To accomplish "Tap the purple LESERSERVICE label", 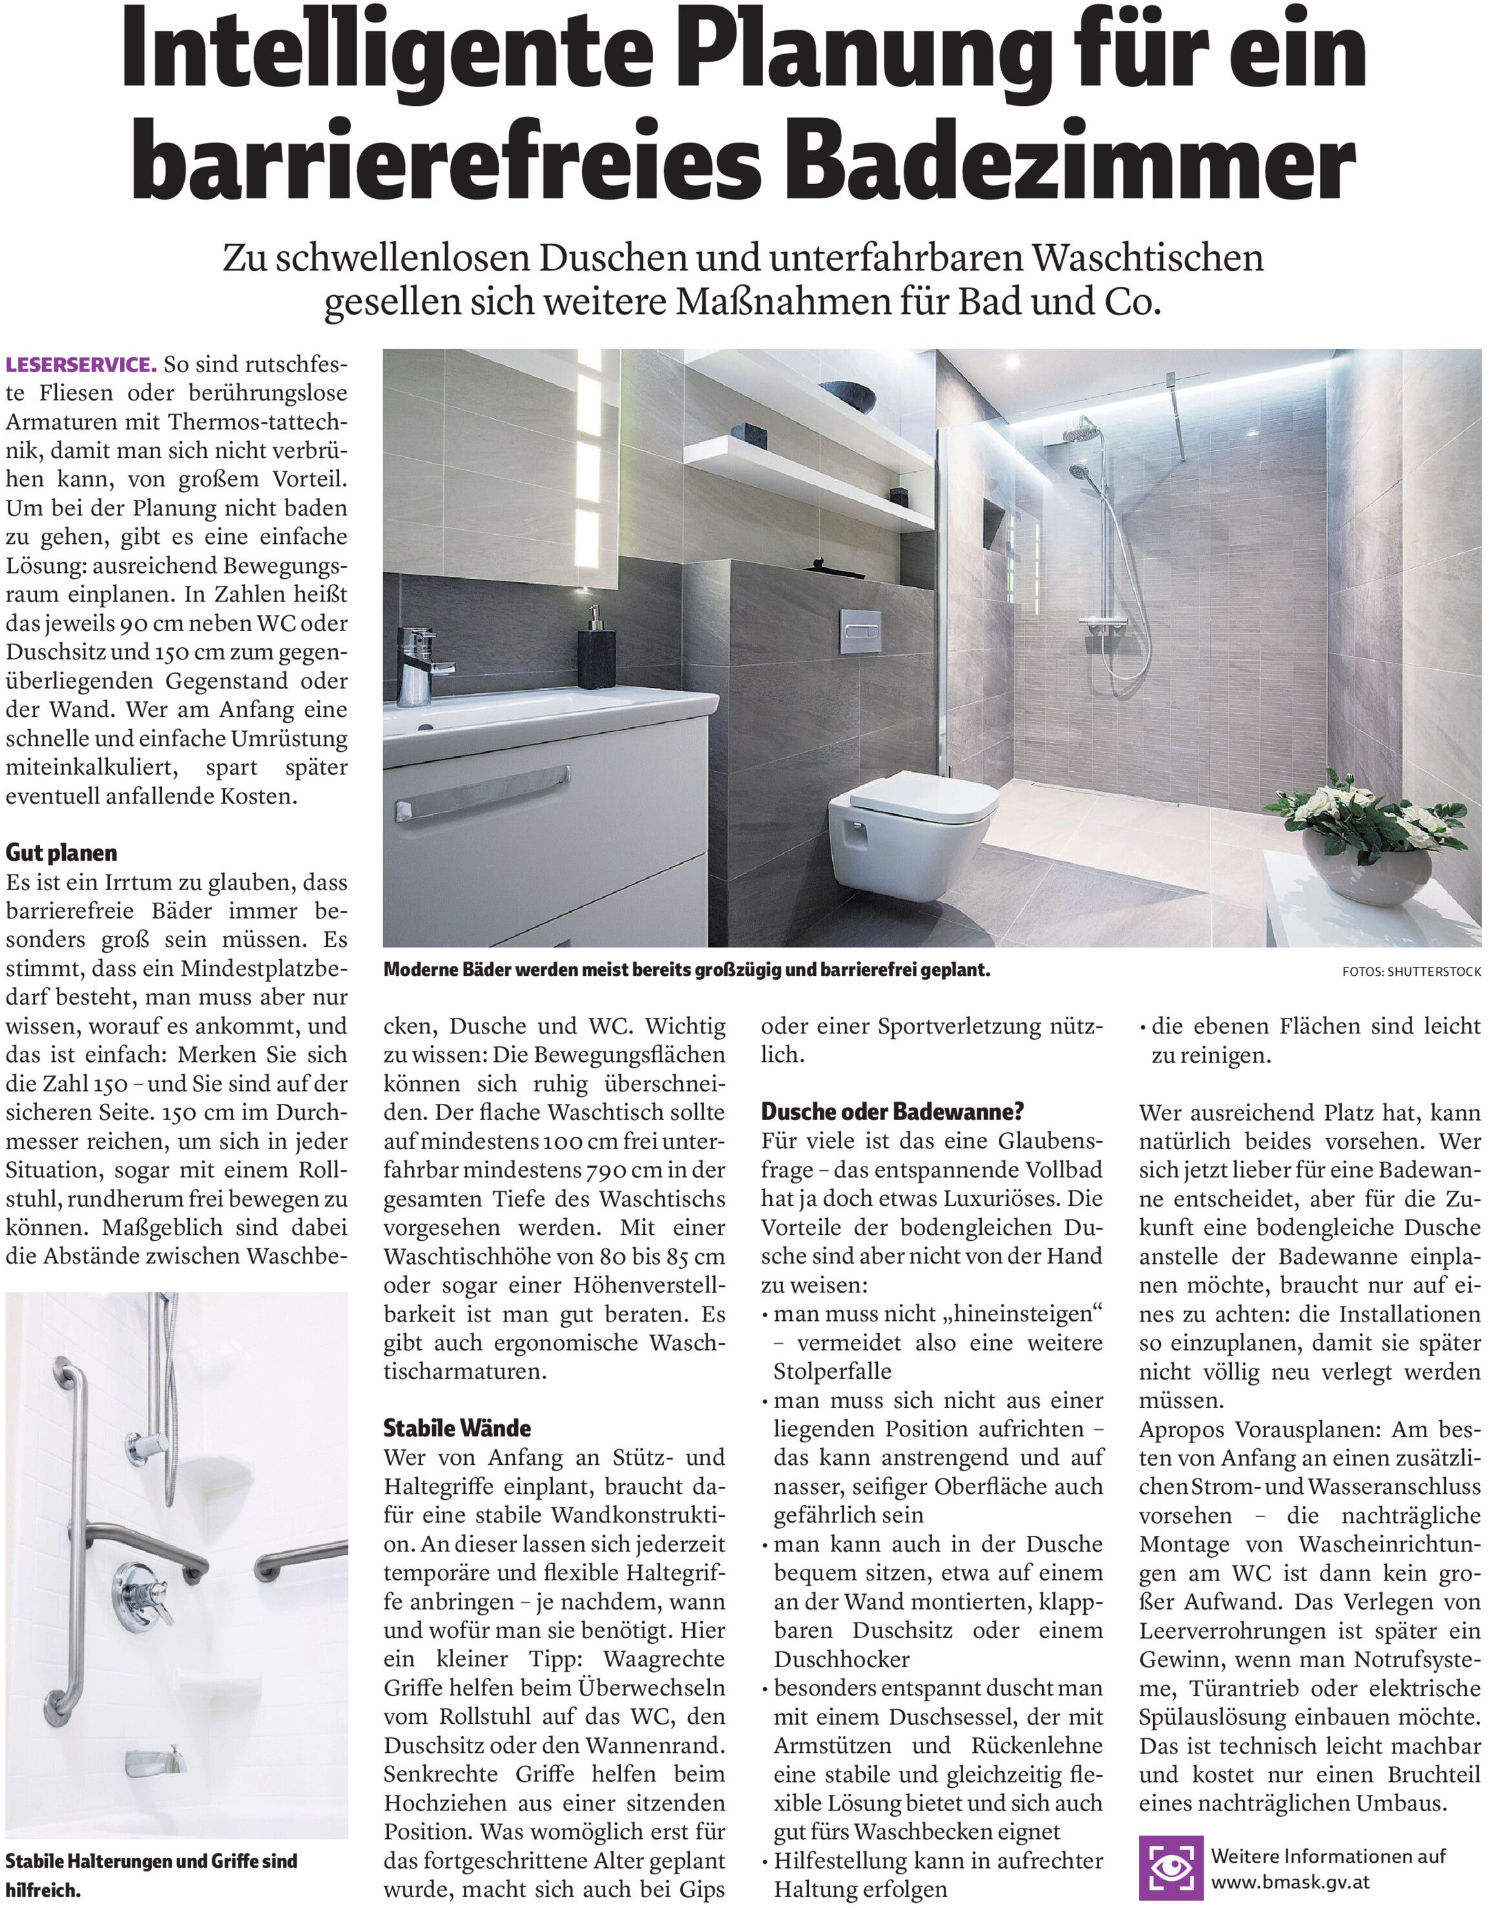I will tap(81, 364).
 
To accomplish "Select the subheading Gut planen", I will tap(61, 852).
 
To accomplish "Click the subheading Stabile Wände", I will tap(457, 1428).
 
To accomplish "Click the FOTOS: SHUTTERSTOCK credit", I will tap(1412, 971).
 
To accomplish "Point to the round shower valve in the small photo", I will tap(142, 1593).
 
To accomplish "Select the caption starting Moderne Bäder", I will tap(686, 969).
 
